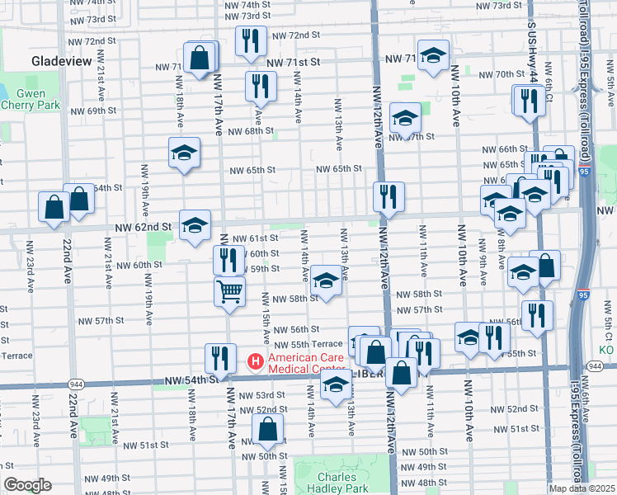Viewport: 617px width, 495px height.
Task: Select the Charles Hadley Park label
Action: [x=337, y=483]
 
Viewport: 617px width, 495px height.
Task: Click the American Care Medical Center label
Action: [x=318, y=361]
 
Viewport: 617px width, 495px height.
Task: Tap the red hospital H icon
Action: [x=256, y=361]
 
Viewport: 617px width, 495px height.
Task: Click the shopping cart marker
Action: [x=229, y=290]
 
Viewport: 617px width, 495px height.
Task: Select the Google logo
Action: [x=27, y=485]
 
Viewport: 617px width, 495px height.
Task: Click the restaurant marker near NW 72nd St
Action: [x=251, y=40]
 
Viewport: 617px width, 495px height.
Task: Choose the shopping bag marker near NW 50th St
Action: [x=268, y=428]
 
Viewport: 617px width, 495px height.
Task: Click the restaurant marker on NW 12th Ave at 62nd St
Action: [x=388, y=196]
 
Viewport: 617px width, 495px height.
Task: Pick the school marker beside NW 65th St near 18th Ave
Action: [x=185, y=152]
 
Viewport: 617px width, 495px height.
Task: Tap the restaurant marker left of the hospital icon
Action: [x=219, y=356]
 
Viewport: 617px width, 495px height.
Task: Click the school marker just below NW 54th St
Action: [x=336, y=384]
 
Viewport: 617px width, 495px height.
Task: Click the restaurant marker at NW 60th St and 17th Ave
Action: [x=228, y=259]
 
